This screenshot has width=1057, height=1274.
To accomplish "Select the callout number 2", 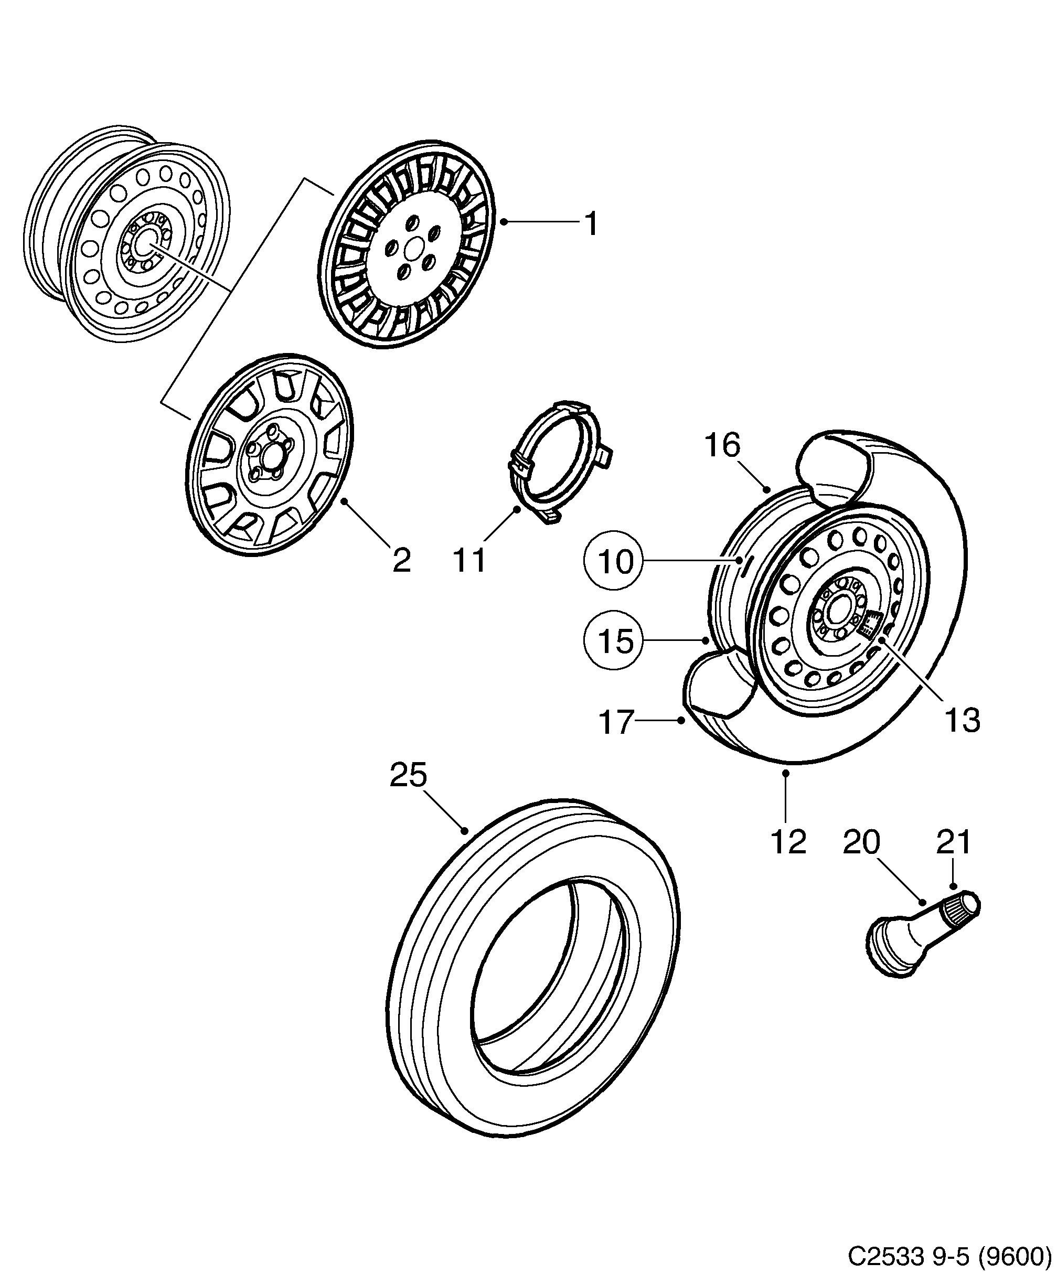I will (401, 561).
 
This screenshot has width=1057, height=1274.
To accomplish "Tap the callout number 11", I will (469, 561).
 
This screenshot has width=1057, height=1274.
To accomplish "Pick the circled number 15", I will (614, 640).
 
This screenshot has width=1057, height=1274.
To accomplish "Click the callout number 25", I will (408, 775).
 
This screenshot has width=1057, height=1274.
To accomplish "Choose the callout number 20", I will (861, 842).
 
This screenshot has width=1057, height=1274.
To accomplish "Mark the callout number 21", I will (954, 842).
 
